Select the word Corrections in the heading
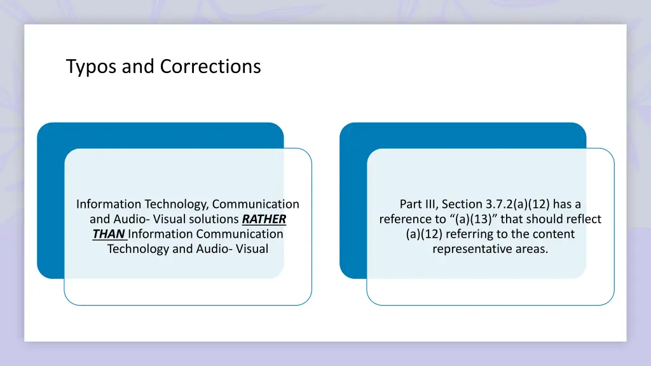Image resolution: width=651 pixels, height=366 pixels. (x=210, y=66)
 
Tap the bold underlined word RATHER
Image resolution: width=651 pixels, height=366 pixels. (x=264, y=219)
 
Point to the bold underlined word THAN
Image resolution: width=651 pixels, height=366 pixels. (x=108, y=234)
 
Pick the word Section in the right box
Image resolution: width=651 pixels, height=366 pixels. (x=462, y=204)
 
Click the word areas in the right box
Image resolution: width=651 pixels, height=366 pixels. (x=533, y=248)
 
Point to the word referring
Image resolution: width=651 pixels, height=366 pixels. (x=475, y=234)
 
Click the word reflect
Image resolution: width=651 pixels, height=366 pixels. (x=583, y=219)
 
